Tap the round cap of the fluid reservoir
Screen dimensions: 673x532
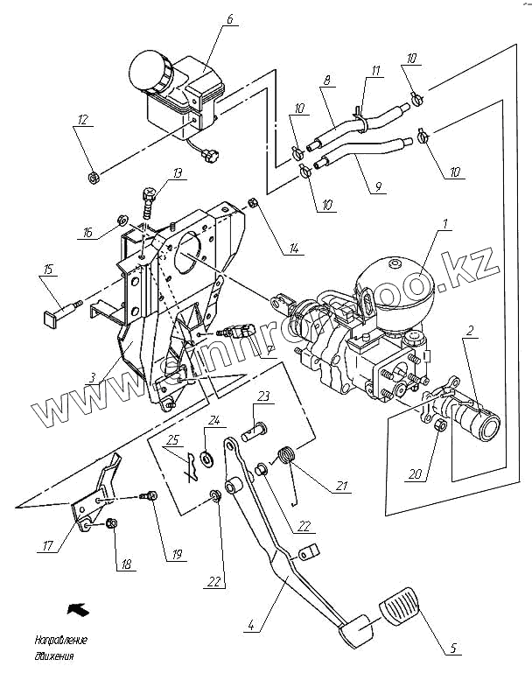pos(149,69)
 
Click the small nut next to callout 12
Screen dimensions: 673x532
pos(92,179)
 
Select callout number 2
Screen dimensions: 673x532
pos(471,331)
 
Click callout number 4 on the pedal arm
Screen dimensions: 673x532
pos(251,625)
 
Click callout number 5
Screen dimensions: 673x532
pos(454,648)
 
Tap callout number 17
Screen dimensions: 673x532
pos(48,546)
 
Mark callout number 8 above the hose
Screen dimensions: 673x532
pos(327,81)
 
